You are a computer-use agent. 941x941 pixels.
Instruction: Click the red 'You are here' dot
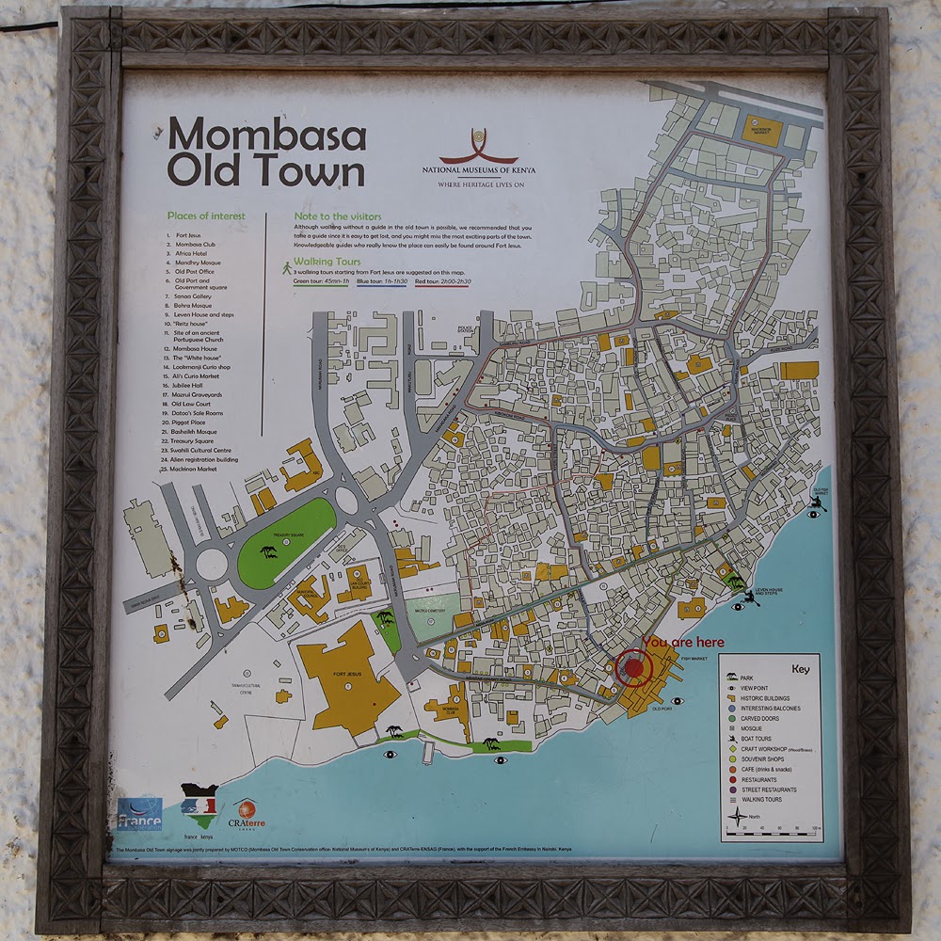pyautogui.click(x=634, y=668)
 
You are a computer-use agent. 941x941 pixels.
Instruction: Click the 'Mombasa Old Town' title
pyautogui.click(x=266, y=153)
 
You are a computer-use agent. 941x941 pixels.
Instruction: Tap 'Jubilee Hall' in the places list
pyautogui.click(x=188, y=385)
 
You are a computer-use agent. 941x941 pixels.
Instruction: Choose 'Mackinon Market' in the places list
pyautogui.click(x=194, y=469)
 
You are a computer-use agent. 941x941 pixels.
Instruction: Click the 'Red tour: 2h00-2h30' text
pyautogui.click(x=443, y=281)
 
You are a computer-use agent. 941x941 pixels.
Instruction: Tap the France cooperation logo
pyautogui.click(x=139, y=815)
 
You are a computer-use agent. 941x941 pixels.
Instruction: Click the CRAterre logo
pyautogui.click(x=247, y=814)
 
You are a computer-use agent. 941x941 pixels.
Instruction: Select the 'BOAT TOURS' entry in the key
pyautogui.click(x=756, y=739)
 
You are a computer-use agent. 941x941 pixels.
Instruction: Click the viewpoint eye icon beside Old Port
pyautogui.click(x=677, y=700)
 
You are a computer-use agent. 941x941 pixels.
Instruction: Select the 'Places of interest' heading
pyautogui.click(x=205, y=215)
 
